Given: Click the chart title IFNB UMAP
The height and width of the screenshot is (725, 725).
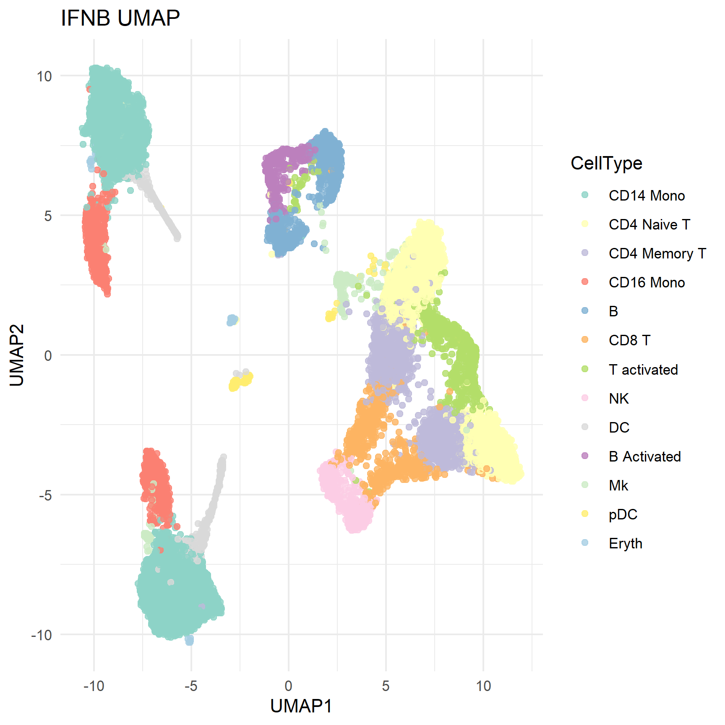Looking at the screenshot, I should pyautogui.click(x=120, y=18).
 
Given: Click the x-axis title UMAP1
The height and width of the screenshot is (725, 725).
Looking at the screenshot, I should pyautogui.click(x=301, y=706).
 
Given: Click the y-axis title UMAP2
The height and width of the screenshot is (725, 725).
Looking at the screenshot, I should pyautogui.click(x=17, y=355).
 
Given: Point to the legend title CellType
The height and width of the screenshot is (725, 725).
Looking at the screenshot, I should pyautogui.click(x=606, y=163).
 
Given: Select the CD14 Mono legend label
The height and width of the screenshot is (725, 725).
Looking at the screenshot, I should pyautogui.click(x=647, y=196).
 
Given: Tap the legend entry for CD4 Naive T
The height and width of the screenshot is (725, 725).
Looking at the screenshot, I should pyautogui.click(x=649, y=224).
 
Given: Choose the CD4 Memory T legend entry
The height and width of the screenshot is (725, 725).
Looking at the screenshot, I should pyautogui.click(x=657, y=253).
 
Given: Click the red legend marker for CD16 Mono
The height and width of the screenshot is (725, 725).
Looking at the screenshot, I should pyautogui.click(x=585, y=282).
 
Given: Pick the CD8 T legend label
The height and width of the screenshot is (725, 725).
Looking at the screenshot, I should pyautogui.click(x=629, y=340).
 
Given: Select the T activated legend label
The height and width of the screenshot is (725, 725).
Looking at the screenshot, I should pyautogui.click(x=643, y=370).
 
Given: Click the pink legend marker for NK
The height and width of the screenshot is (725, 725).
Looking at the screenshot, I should pyautogui.click(x=585, y=398).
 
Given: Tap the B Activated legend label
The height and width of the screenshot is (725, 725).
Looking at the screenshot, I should pyautogui.click(x=644, y=456).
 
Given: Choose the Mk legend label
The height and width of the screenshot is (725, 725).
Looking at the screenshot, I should pyautogui.click(x=618, y=485).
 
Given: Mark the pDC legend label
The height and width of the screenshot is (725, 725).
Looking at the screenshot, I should pyautogui.click(x=623, y=514).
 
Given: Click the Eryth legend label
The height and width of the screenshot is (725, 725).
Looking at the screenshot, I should pyautogui.click(x=625, y=543).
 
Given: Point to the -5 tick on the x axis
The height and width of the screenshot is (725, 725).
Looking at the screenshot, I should pyautogui.click(x=191, y=686).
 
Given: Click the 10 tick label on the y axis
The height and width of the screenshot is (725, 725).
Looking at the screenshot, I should pyautogui.click(x=44, y=76).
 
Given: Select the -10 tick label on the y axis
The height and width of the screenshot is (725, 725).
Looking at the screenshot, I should pyautogui.click(x=42, y=635).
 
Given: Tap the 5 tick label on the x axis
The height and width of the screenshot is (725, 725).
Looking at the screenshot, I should pyautogui.click(x=386, y=686).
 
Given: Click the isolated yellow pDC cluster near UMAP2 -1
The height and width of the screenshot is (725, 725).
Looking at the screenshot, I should pyautogui.click(x=240, y=381).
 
